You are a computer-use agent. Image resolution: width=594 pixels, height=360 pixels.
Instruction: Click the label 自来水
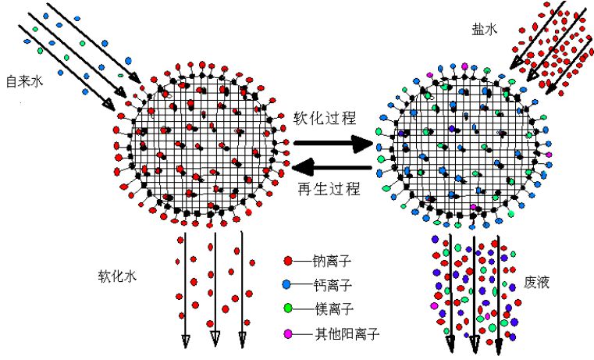coord(23,80)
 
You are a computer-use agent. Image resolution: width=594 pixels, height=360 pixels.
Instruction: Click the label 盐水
coord(482,27)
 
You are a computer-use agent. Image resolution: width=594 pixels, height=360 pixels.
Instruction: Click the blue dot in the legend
coord(287,284)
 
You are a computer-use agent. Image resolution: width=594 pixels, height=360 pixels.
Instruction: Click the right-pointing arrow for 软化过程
coord(332,144)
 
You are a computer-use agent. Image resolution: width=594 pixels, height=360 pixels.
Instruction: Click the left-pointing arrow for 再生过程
coord(332,166)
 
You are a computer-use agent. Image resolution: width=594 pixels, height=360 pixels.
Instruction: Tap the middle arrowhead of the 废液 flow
coord(474,344)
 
